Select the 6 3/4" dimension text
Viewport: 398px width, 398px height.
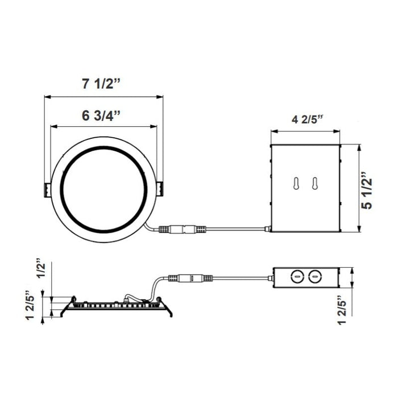(102, 116)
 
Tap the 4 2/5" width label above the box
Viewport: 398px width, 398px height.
(307, 119)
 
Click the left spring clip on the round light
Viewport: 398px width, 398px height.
(46, 189)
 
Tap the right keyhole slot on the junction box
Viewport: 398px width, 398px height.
(313, 184)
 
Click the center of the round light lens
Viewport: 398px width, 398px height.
(103, 188)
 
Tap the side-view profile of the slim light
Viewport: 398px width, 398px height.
(116, 306)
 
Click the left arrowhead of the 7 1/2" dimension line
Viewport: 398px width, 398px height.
(48, 96)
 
